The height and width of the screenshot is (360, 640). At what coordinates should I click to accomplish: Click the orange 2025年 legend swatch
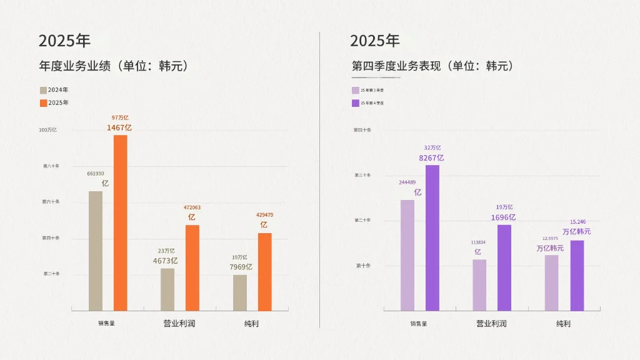coord(43,102)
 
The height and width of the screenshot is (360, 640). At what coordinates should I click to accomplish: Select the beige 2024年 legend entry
coord(54,90)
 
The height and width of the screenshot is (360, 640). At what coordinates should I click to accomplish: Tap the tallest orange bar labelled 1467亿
coord(120,222)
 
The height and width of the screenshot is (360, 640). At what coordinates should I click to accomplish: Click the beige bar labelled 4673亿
coord(167,289)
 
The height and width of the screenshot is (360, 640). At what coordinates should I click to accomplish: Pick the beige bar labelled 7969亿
coord(240,292)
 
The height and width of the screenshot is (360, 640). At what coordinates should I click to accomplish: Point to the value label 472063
coord(192,207)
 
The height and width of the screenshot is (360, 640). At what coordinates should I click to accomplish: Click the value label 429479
coord(264,215)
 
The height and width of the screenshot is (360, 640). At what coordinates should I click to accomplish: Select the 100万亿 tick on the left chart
coord(48,130)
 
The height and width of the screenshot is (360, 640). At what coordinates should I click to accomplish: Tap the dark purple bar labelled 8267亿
coord(432,237)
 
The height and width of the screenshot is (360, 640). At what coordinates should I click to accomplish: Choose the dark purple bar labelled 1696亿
coord(504,267)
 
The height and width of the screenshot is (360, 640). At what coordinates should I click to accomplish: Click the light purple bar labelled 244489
coord(407,255)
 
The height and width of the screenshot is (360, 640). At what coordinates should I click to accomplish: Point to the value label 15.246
coord(577,222)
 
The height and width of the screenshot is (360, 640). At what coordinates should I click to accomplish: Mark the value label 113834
coord(477,242)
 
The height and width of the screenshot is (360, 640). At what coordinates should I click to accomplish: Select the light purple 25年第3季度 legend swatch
coord(355,90)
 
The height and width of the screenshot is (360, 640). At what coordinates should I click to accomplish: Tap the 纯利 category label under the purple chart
coord(563,324)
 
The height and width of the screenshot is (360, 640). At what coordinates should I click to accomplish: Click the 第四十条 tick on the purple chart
coord(362,130)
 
